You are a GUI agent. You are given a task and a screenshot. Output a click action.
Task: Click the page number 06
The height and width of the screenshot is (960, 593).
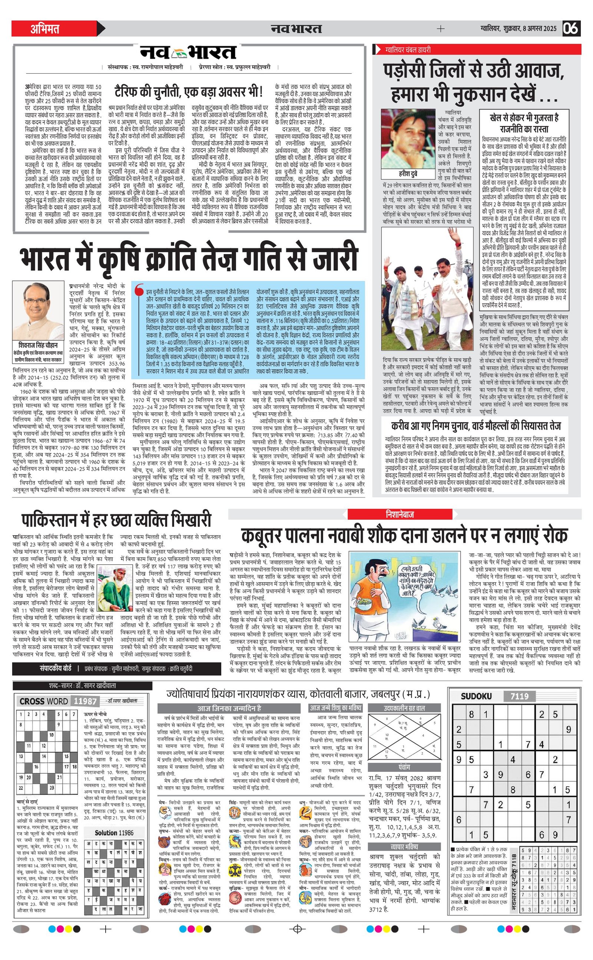571,29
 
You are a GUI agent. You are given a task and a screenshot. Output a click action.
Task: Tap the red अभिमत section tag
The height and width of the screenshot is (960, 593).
45,29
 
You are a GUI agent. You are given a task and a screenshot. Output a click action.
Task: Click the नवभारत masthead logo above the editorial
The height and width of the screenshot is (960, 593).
189,53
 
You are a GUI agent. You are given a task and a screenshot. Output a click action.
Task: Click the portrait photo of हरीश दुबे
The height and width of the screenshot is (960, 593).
409,139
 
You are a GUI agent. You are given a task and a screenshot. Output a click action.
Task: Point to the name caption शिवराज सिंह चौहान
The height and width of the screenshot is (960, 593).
38,345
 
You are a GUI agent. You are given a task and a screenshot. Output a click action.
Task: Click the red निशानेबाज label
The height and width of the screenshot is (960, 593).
400,514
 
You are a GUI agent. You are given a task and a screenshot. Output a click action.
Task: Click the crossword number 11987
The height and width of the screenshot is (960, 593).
85,701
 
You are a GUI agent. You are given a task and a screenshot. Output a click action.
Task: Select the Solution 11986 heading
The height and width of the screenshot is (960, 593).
114,822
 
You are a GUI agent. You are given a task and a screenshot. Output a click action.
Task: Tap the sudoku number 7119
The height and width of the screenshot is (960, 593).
519,696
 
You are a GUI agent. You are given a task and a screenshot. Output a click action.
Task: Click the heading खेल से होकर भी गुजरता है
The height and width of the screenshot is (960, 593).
524,117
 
